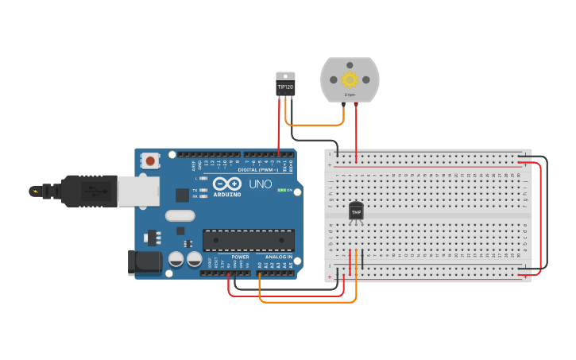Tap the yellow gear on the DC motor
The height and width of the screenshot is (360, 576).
[x=350, y=79]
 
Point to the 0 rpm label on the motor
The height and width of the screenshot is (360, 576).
[x=350, y=95]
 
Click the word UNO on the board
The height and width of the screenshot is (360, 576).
[x=260, y=184]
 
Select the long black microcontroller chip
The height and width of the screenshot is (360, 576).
[x=248, y=240]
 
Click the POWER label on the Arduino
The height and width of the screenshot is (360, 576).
[x=240, y=257]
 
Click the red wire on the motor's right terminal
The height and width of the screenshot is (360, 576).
[x=356, y=131]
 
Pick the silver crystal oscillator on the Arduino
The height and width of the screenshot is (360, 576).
[x=180, y=215]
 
